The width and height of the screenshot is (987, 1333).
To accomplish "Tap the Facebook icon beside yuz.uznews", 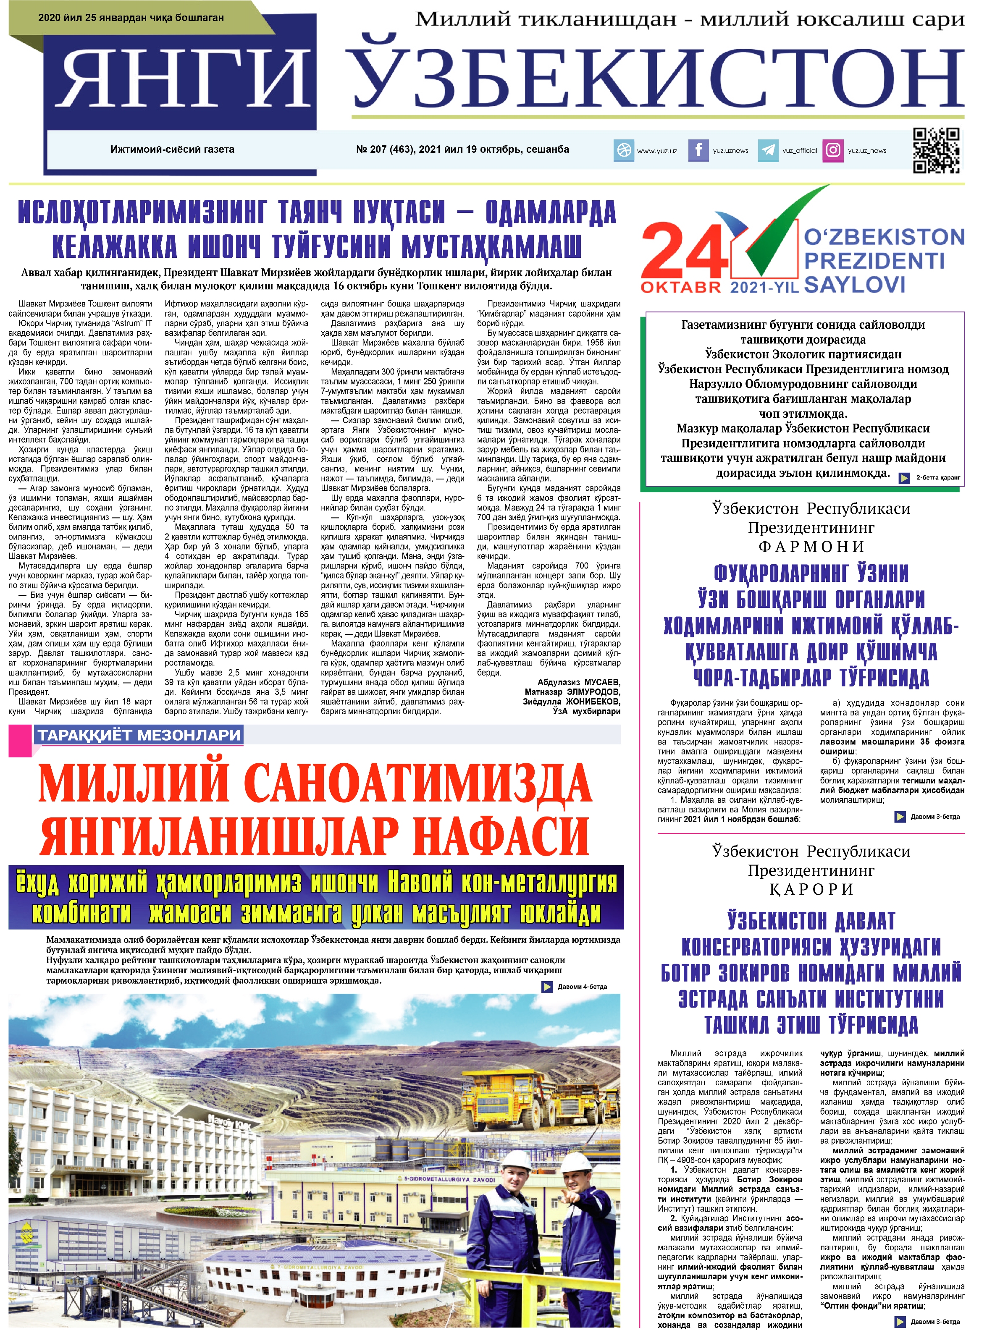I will pos(698,150).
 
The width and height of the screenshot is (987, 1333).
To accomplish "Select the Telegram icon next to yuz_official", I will pos(768,150).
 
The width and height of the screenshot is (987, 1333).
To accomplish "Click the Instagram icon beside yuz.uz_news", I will pos(832,150).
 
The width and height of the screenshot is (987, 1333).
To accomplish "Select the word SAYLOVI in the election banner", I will pos(854,285).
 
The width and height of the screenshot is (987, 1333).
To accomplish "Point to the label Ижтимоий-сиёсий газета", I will pos(172,149).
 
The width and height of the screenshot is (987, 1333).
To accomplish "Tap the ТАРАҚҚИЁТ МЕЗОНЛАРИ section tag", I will pos(139,735).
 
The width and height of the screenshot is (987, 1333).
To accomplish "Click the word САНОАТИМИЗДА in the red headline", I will pos(418,782).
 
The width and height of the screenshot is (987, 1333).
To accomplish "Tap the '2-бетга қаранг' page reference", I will pos(937,477).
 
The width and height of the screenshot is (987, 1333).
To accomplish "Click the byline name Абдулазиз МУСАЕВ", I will pos(578,682).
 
